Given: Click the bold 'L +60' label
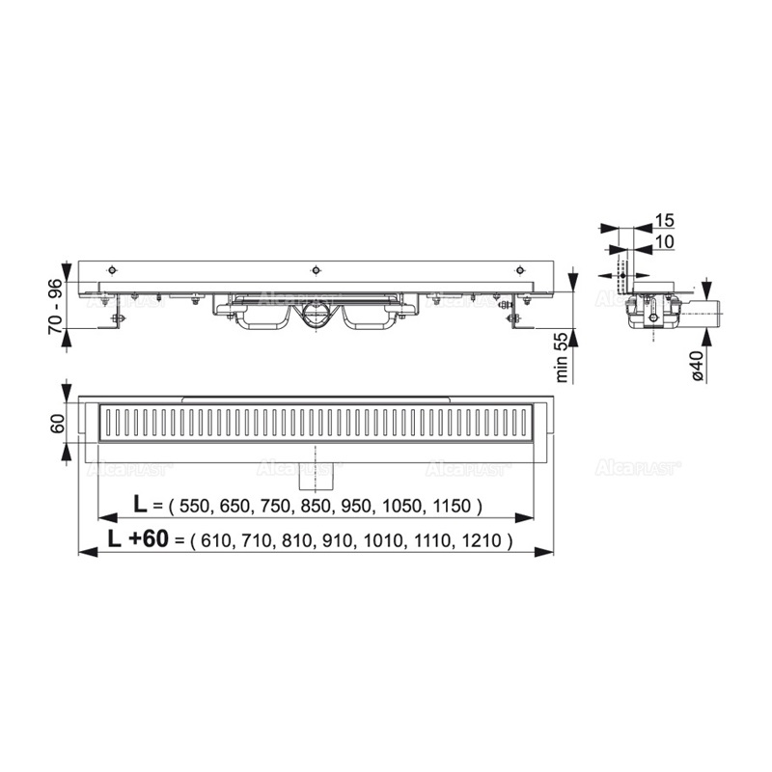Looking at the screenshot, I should pos(139,539).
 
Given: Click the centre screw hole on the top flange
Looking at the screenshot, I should pos(316,269).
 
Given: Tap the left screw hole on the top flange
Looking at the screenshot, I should pos(113,269).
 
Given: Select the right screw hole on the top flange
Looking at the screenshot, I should pos(519,269).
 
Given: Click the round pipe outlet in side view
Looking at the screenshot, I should pos(315,316).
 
